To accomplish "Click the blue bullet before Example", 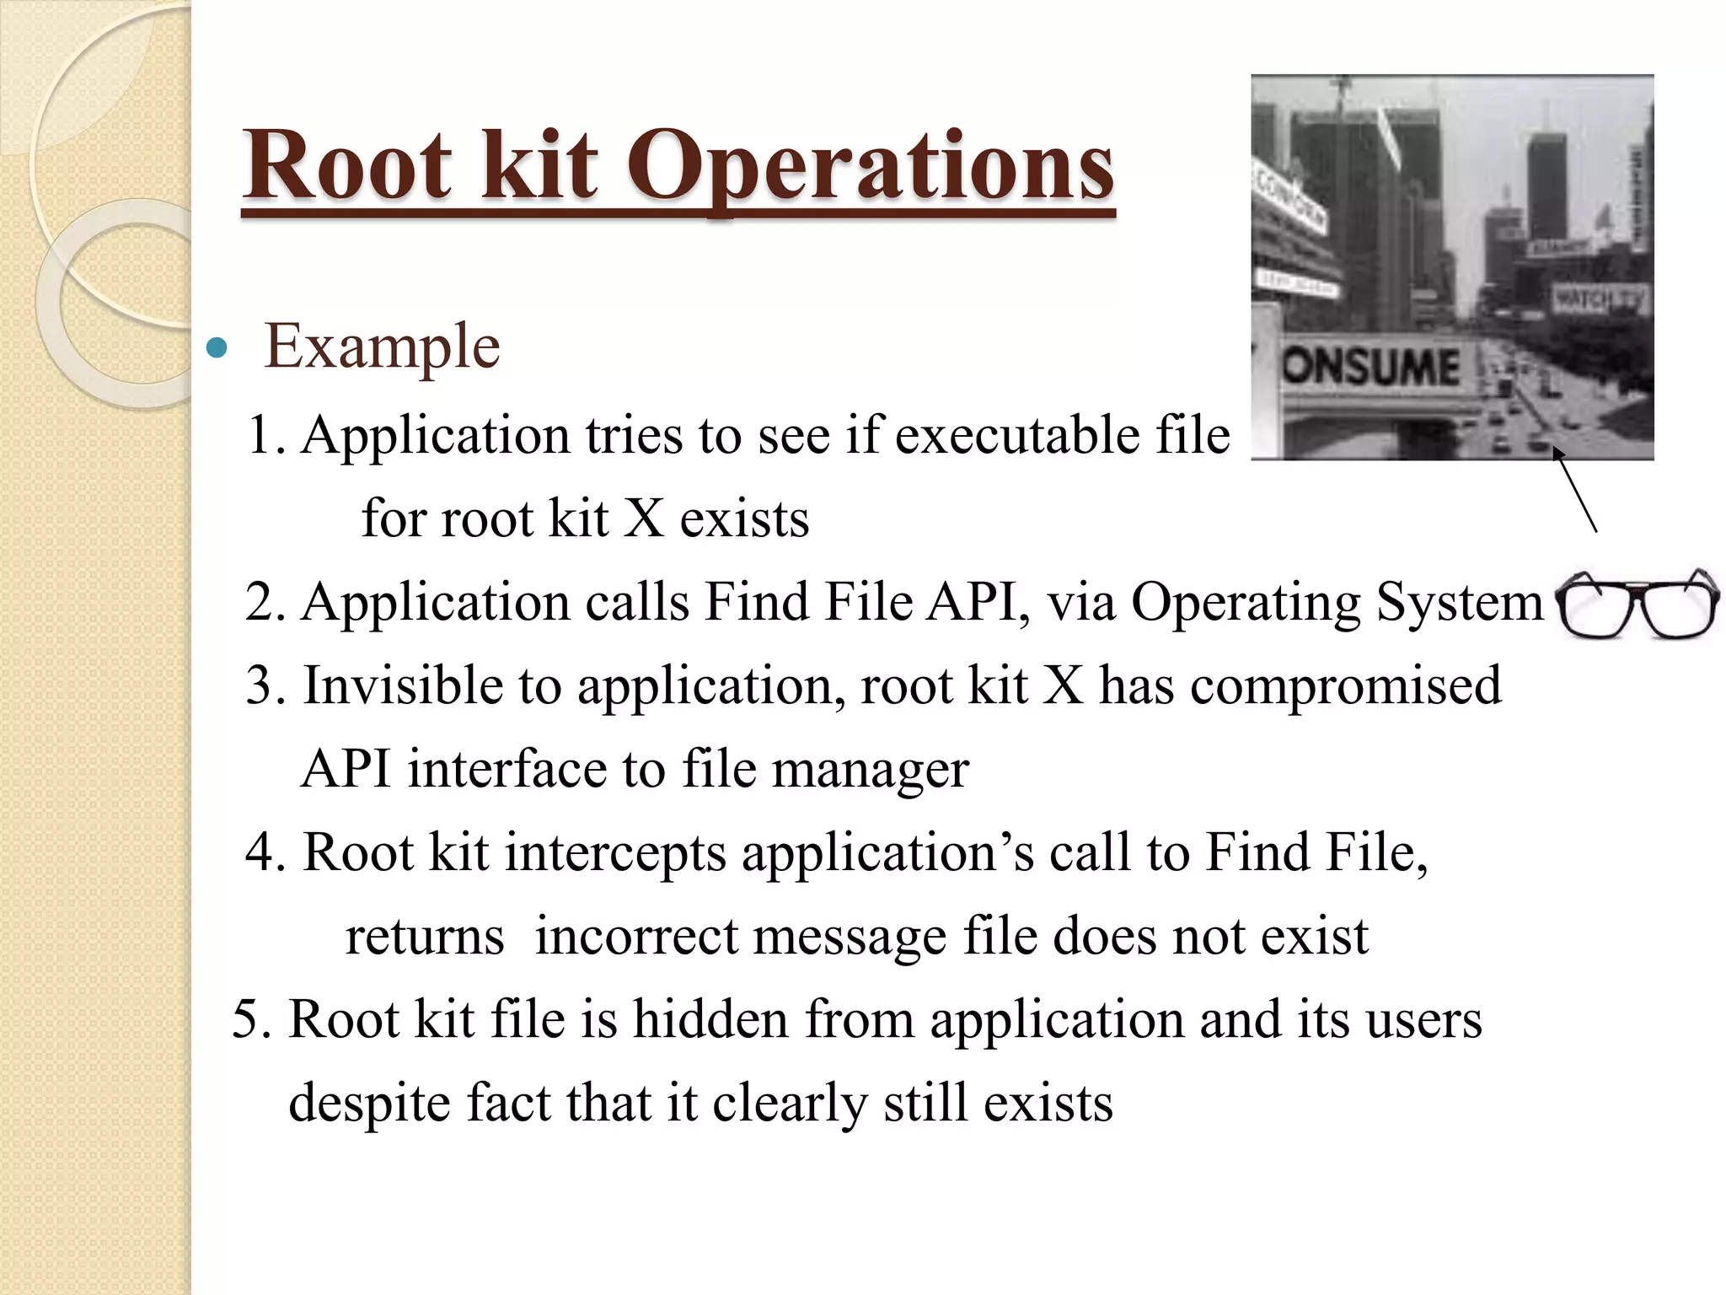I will [x=217, y=347].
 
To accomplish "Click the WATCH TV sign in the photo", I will [x=1598, y=299].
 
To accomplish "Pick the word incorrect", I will [x=635, y=936].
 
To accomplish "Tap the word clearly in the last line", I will [x=790, y=1103].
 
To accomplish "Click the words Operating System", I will [x=1336, y=603].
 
